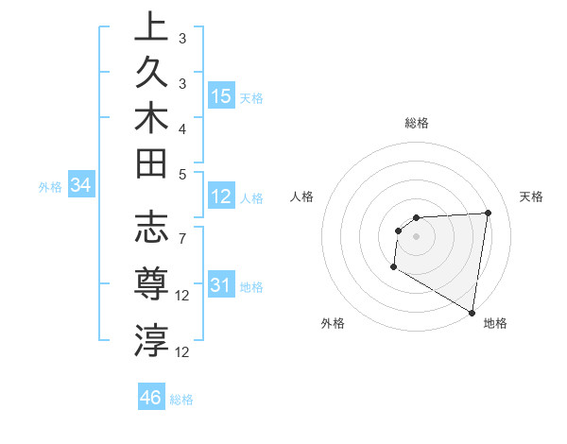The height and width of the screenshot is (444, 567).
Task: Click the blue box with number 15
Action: click(221, 95)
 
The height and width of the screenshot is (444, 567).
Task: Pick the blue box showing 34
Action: click(81, 186)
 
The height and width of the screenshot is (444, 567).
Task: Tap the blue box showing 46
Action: click(151, 397)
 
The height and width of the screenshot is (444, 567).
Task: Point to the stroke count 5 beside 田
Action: click(182, 173)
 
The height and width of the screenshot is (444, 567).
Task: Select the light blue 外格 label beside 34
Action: click(50, 187)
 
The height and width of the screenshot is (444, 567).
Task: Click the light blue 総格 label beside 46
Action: click(181, 400)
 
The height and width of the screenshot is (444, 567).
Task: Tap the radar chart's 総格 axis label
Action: click(416, 123)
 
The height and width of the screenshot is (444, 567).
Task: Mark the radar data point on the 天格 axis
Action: click(488, 213)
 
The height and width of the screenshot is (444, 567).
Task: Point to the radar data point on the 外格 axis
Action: click(393, 267)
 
